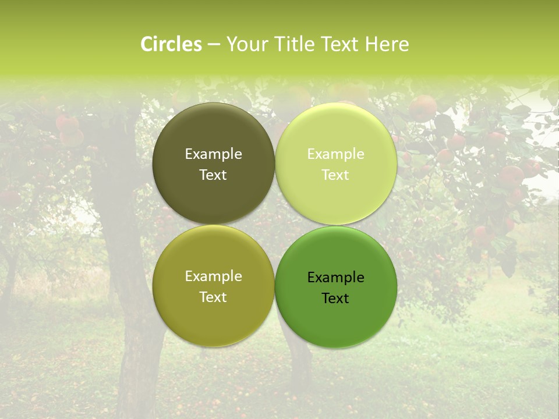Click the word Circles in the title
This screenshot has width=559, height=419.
pyautogui.click(x=171, y=44)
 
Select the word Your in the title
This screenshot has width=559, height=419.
pyautogui.click(x=246, y=44)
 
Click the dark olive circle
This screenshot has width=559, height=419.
pyautogui.click(x=213, y=134)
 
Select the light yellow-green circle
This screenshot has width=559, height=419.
pyautogui.click(x=336, y=134)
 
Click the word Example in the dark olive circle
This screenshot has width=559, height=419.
pyautogui.click(x=213, y=154)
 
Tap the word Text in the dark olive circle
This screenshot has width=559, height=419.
pyautogui.click(x=213, y=175)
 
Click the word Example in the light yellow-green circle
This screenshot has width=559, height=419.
pyautogui.click(x=336, y=154)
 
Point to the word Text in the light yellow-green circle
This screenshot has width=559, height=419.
pyautogui.click(x=336, y=175)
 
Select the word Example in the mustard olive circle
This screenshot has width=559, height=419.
pyautogui.click(x=213, y=276)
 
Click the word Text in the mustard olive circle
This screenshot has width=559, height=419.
pyautogui.click(x=213, y=297)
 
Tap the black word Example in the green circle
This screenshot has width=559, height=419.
pyautogui.click(x=336, y=278)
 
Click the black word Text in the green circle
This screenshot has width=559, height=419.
pyautogui.click(x=336, y=299)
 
